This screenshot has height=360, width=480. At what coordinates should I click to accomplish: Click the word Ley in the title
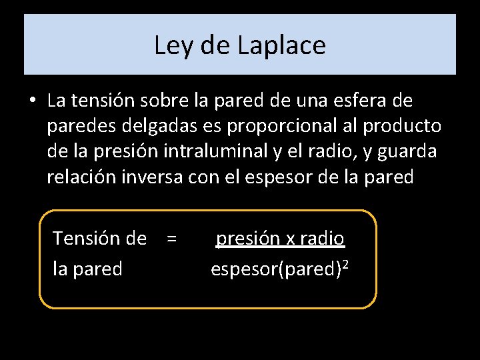170,45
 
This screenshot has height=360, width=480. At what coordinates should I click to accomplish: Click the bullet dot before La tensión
32,101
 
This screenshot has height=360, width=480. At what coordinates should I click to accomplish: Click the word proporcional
280,127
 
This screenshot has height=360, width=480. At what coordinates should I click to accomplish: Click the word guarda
407,152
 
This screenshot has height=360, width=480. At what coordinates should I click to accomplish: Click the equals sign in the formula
172,238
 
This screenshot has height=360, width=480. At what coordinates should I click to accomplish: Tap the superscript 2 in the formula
345,265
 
